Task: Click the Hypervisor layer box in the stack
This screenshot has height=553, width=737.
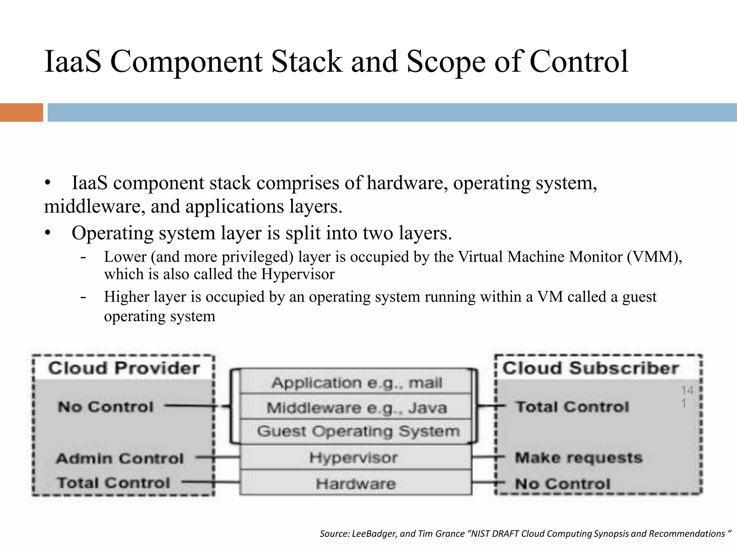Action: pyautogui.click(x=354, y=458)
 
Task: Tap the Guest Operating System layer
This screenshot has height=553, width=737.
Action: pyautogui.click(x=358, y=431)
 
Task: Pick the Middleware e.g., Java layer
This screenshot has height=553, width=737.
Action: pyautogui.click(x=356, y=408)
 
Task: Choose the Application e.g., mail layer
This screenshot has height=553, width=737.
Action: pyautogui.click(x=356, y=382)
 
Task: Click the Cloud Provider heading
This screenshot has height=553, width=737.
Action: pyautogui.click(x=124, y=368)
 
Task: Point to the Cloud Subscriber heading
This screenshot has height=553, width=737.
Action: pyautogui.click(x=591, y=368)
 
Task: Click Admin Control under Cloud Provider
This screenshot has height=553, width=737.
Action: pyautogui.click(x=120, y=458)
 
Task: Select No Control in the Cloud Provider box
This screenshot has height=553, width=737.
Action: pyautogui.click(x=105, y=407)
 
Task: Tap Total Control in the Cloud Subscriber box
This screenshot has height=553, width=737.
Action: pyautogui.click(x=572, y=407)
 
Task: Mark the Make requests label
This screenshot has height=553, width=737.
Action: pyautogui.click(x=578, y=458)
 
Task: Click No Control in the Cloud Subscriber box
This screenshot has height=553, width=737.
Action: pyautogui.click(x=562, y=484)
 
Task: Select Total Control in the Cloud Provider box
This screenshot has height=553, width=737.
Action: pyautogui.click(x=113, y=482)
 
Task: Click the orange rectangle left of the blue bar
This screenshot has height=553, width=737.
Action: pyautogui.click(x=21, y=112)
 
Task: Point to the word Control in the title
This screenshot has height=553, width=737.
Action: pyautogui.click(x=579, y=62)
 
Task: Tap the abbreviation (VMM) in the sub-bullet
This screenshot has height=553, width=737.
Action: pyautogui.click(x=654, y=257)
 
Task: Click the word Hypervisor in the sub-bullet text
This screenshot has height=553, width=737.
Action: pyautogui.click(x=298, y=274)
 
